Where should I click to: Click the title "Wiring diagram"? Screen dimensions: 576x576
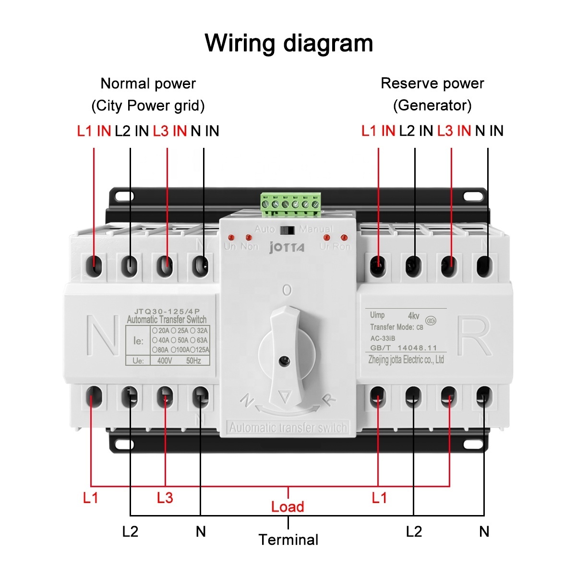point(288,43)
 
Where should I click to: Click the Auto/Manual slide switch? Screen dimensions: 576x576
point(288,230)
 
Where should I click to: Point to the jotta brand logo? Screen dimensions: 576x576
point(287,247)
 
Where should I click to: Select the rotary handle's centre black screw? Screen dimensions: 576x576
point(285,360)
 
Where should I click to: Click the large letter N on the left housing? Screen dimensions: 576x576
point(103,336)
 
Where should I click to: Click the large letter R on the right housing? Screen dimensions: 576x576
point(474,336)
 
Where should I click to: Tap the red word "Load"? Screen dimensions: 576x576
point(288,507)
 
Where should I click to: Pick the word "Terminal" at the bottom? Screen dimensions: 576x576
point(288,540)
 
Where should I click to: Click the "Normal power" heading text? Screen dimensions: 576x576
point(148,84)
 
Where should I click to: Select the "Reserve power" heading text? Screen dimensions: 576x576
point(432,84)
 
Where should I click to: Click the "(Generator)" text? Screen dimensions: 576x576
point(432,105)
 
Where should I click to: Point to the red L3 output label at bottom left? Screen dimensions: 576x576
point(165,498)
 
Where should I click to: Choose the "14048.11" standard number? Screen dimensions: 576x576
point(417,348)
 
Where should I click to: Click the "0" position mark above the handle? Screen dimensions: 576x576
point(287,290)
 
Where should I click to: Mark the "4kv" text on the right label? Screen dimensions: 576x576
point(413,316)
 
